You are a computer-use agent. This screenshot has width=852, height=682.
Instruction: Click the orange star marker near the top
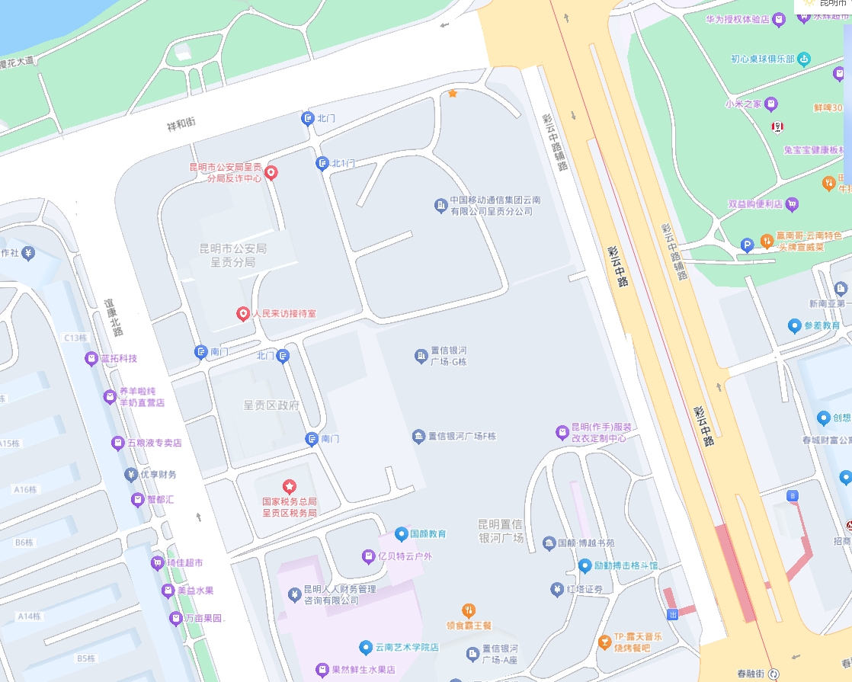[x=453, y=93]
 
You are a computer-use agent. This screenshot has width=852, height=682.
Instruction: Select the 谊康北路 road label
[x=114, y=316]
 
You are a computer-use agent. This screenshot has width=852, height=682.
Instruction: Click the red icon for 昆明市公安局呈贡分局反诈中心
[x=270, y=173]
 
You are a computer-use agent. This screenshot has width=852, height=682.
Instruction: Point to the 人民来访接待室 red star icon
[x=242, y=313]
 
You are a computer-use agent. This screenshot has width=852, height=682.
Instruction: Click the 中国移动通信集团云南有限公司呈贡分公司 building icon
[x=440, y=205]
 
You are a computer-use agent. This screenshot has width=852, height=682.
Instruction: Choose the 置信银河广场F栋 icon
[x=418, y=437]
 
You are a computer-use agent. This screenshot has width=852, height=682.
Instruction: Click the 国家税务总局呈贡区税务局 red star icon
[x=290, y=486]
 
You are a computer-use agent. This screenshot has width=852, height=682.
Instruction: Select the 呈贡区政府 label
[x=271, y=405]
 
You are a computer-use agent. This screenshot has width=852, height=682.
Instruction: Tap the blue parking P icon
[x=747, y=245]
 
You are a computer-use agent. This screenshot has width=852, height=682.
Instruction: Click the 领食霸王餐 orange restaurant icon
[x=469, y=610]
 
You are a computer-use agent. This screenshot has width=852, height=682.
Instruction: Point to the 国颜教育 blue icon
[x=401, y=534]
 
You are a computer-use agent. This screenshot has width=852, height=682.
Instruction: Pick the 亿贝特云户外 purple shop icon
[x=368, y=556]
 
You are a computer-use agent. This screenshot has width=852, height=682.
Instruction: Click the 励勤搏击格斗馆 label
[x=626, y=566]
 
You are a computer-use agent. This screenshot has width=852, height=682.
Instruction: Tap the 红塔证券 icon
[x=557, y=589]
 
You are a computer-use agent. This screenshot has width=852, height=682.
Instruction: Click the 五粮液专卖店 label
[x=155, y=443]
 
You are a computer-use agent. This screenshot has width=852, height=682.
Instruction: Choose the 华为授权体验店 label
[x=738, y=20]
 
